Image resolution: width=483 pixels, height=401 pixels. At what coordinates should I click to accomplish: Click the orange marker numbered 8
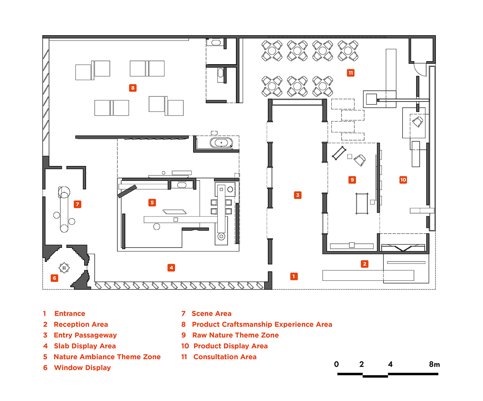pyautogui.click(x=133, y=88)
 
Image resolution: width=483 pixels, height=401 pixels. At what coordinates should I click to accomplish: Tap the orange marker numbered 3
pyautogui.click(x=298, y=195)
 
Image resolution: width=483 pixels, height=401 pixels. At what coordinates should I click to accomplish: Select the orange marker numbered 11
pyautogui.click(x=351, y=73)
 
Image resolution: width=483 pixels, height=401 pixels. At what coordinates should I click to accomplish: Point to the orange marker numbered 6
pyautogui.click(x=55, y=278)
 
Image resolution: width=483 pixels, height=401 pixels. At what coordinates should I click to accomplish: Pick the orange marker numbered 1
pyautogui.click(x=294, y=276)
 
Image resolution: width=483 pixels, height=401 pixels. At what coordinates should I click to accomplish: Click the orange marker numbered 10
pyautogui.click(x=403, y=180)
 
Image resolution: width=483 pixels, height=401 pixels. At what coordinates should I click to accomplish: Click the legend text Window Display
pyautogui.click(x=82, y=368)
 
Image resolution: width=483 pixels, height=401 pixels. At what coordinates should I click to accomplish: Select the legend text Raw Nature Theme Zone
pyautogui.click(x=235, y=335)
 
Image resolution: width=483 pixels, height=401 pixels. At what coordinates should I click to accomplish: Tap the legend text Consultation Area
pyautogui.click(x=225, y=357)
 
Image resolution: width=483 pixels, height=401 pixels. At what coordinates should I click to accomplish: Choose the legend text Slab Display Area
pyautogui.click(x=85, y=346)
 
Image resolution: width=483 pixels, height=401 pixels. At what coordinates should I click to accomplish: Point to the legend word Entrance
pyautogui.click(x=70, y=314)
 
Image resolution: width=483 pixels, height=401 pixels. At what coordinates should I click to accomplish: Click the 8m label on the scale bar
pyautogui.click(x=434, y=364)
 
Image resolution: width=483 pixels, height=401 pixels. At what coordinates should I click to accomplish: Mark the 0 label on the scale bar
pyautogui.click(x=336, y=364)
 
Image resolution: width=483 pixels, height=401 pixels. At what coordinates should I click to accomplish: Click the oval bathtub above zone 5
pyautogui.click(x=222, y=142)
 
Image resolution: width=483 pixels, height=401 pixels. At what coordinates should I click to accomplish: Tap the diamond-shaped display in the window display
pyautogui.click(x=64, y=268)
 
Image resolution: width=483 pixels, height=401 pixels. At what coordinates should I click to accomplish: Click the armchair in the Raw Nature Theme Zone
pyautogui.click(x=360, y=160)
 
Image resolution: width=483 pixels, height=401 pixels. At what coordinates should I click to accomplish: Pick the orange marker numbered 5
pyautogui.click(x=152, y=203)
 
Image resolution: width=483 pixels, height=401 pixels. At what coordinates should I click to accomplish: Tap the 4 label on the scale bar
pyautogui.click(x=390, y=364)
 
